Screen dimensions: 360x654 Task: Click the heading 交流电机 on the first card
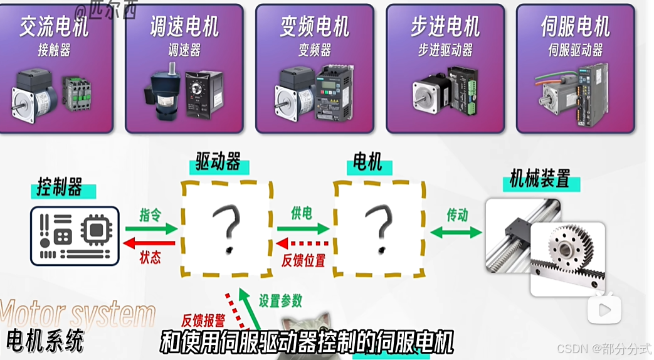[54, 28]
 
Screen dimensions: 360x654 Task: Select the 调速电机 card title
[184, 28]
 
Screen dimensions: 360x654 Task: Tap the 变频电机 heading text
[315, 28]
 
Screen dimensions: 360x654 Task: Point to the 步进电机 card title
[445, 28]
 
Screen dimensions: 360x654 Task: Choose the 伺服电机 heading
[575, 28]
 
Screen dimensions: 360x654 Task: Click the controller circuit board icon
[75, 235]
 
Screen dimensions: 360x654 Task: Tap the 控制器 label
[59, 188]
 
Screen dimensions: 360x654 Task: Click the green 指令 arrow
[150, 230]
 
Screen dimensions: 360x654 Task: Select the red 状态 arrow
[150, 243]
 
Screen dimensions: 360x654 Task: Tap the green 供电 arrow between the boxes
[303, 229]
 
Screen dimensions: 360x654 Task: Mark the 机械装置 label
[540, 181]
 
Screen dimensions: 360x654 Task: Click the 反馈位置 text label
[303, 261]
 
